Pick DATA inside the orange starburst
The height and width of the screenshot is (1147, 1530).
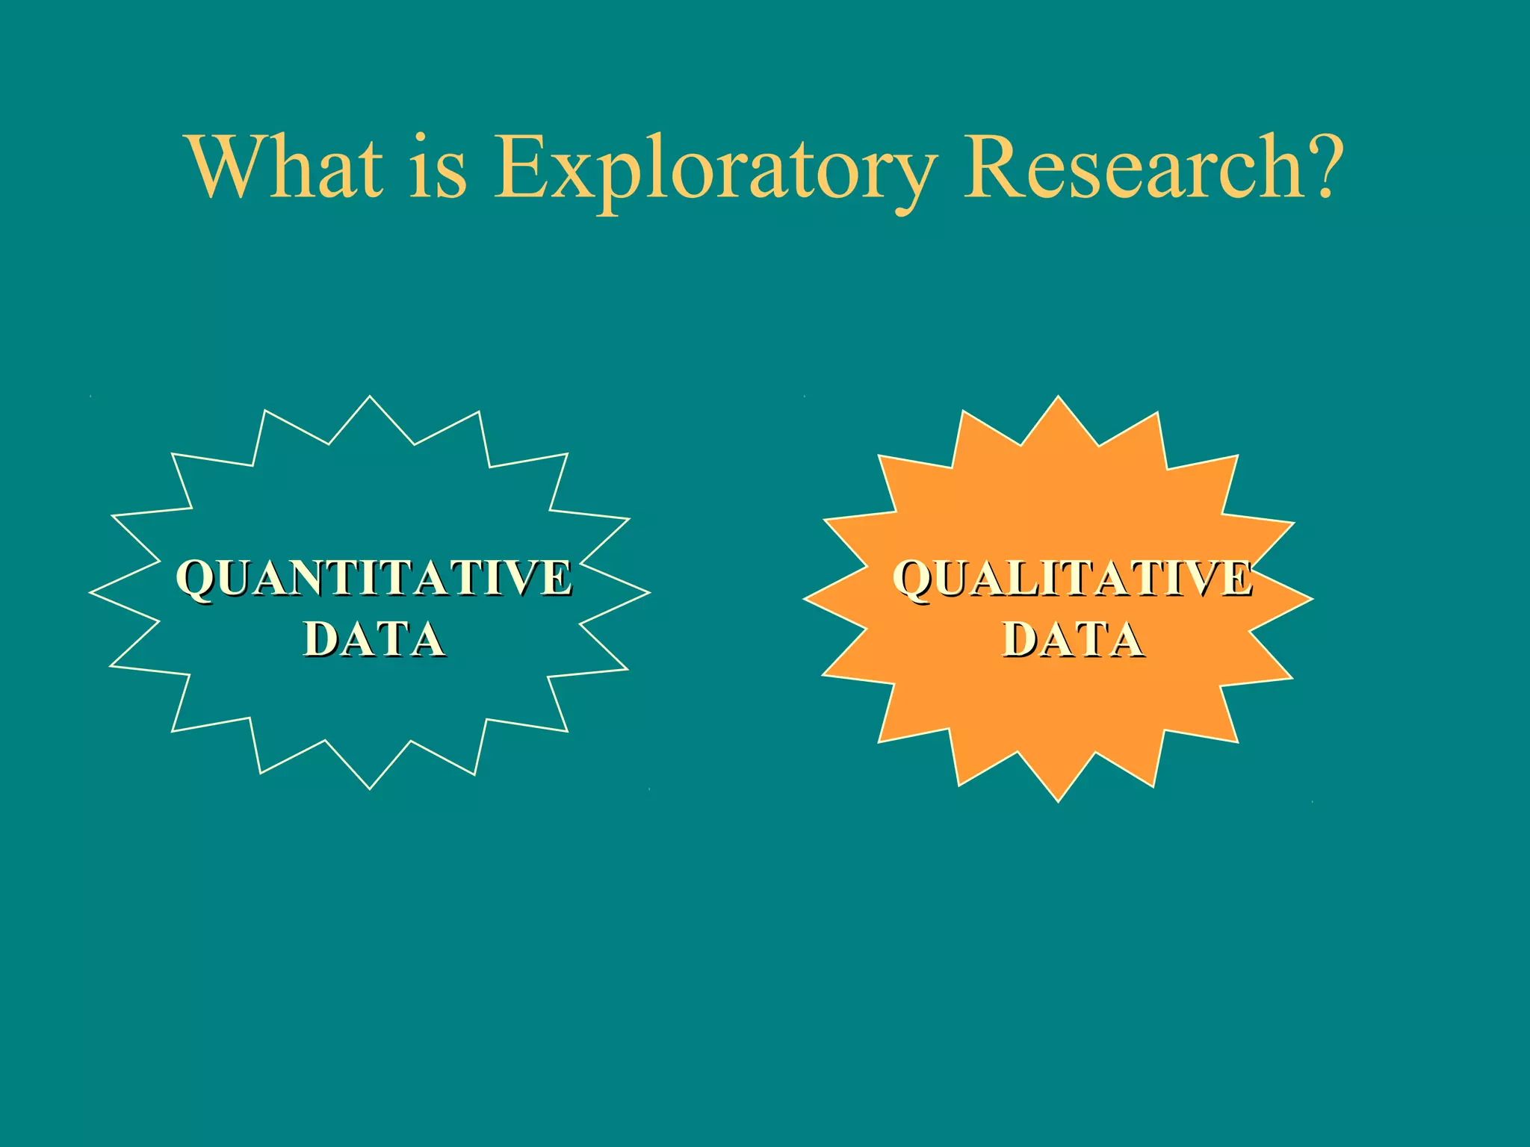(1073, 640)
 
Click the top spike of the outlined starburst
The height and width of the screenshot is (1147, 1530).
(370, 407)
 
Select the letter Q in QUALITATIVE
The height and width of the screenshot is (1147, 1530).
(914, 580)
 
